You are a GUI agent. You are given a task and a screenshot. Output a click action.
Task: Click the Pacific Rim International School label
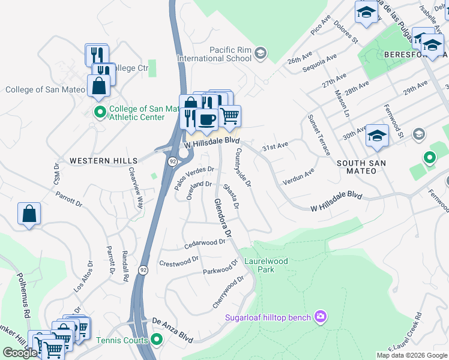coord(214,54)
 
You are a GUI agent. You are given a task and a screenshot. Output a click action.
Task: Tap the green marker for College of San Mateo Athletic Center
coord(100,112)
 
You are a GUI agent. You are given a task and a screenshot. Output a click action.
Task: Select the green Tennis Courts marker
coord(157,341)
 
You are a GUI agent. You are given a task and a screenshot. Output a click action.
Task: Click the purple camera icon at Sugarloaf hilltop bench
coord(321,316)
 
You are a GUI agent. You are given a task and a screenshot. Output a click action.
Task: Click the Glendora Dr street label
coord(223,218)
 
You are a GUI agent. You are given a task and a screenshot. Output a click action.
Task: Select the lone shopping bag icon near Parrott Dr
coord(29,214)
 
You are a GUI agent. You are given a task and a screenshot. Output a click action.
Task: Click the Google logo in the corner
coord(20,353)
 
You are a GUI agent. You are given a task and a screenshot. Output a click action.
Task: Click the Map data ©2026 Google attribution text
coord(411,355)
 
